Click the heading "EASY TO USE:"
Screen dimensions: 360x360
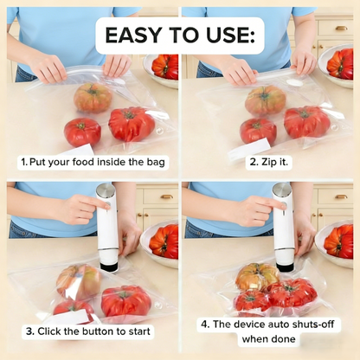(180, 35)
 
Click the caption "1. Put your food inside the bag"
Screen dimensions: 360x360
(92, 162)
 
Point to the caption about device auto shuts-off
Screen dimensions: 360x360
(267, 331)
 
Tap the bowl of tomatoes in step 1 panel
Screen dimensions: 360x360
(163, 67)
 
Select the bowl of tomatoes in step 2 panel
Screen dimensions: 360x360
(338, 65)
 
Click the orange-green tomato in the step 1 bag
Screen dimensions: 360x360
(93, 98)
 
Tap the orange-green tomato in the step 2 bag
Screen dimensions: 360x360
(265, 100)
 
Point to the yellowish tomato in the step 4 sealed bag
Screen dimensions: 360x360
(256, 277)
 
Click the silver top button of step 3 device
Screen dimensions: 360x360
(106, 190)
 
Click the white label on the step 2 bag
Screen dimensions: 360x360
(246, 148)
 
